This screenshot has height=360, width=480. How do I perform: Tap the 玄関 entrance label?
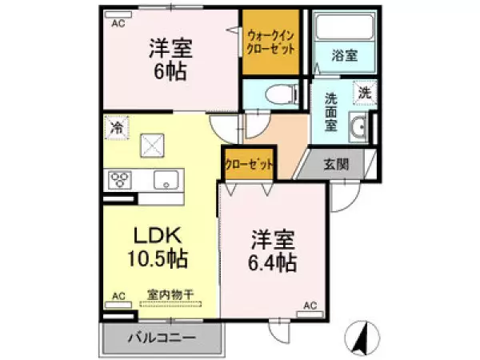coord(336,165)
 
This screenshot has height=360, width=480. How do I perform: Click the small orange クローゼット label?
coord(250,164)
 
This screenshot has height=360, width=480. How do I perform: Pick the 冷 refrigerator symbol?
coord(117,127)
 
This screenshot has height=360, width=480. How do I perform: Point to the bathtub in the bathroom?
coord(345,27)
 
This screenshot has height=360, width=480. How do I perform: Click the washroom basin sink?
coord(358,128)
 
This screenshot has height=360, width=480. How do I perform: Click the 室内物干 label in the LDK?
coord(170,295)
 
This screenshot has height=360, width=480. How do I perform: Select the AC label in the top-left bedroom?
coord(118,23)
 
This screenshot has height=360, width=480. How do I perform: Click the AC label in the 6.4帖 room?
coord(312,305)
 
